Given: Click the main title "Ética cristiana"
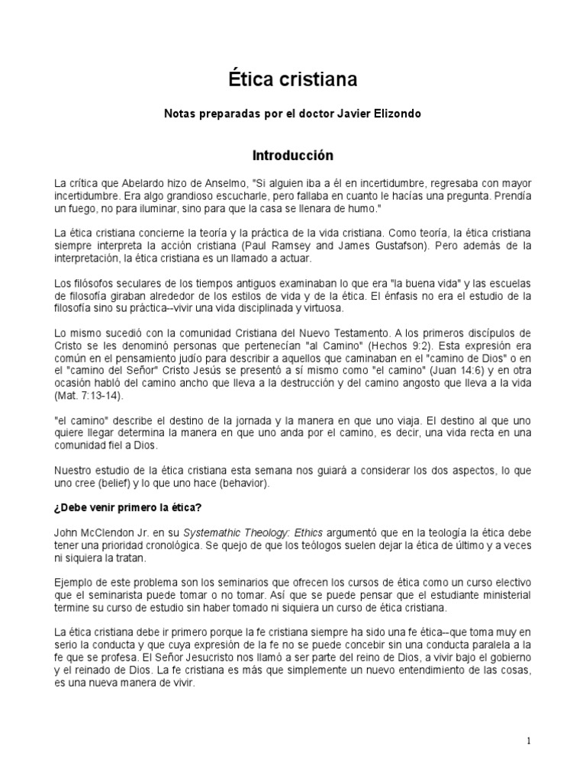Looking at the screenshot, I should click(x=293, y=79).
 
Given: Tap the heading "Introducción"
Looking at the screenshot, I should click(x=293, y=156).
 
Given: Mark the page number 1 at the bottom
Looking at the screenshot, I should click(x=529, y=741).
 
